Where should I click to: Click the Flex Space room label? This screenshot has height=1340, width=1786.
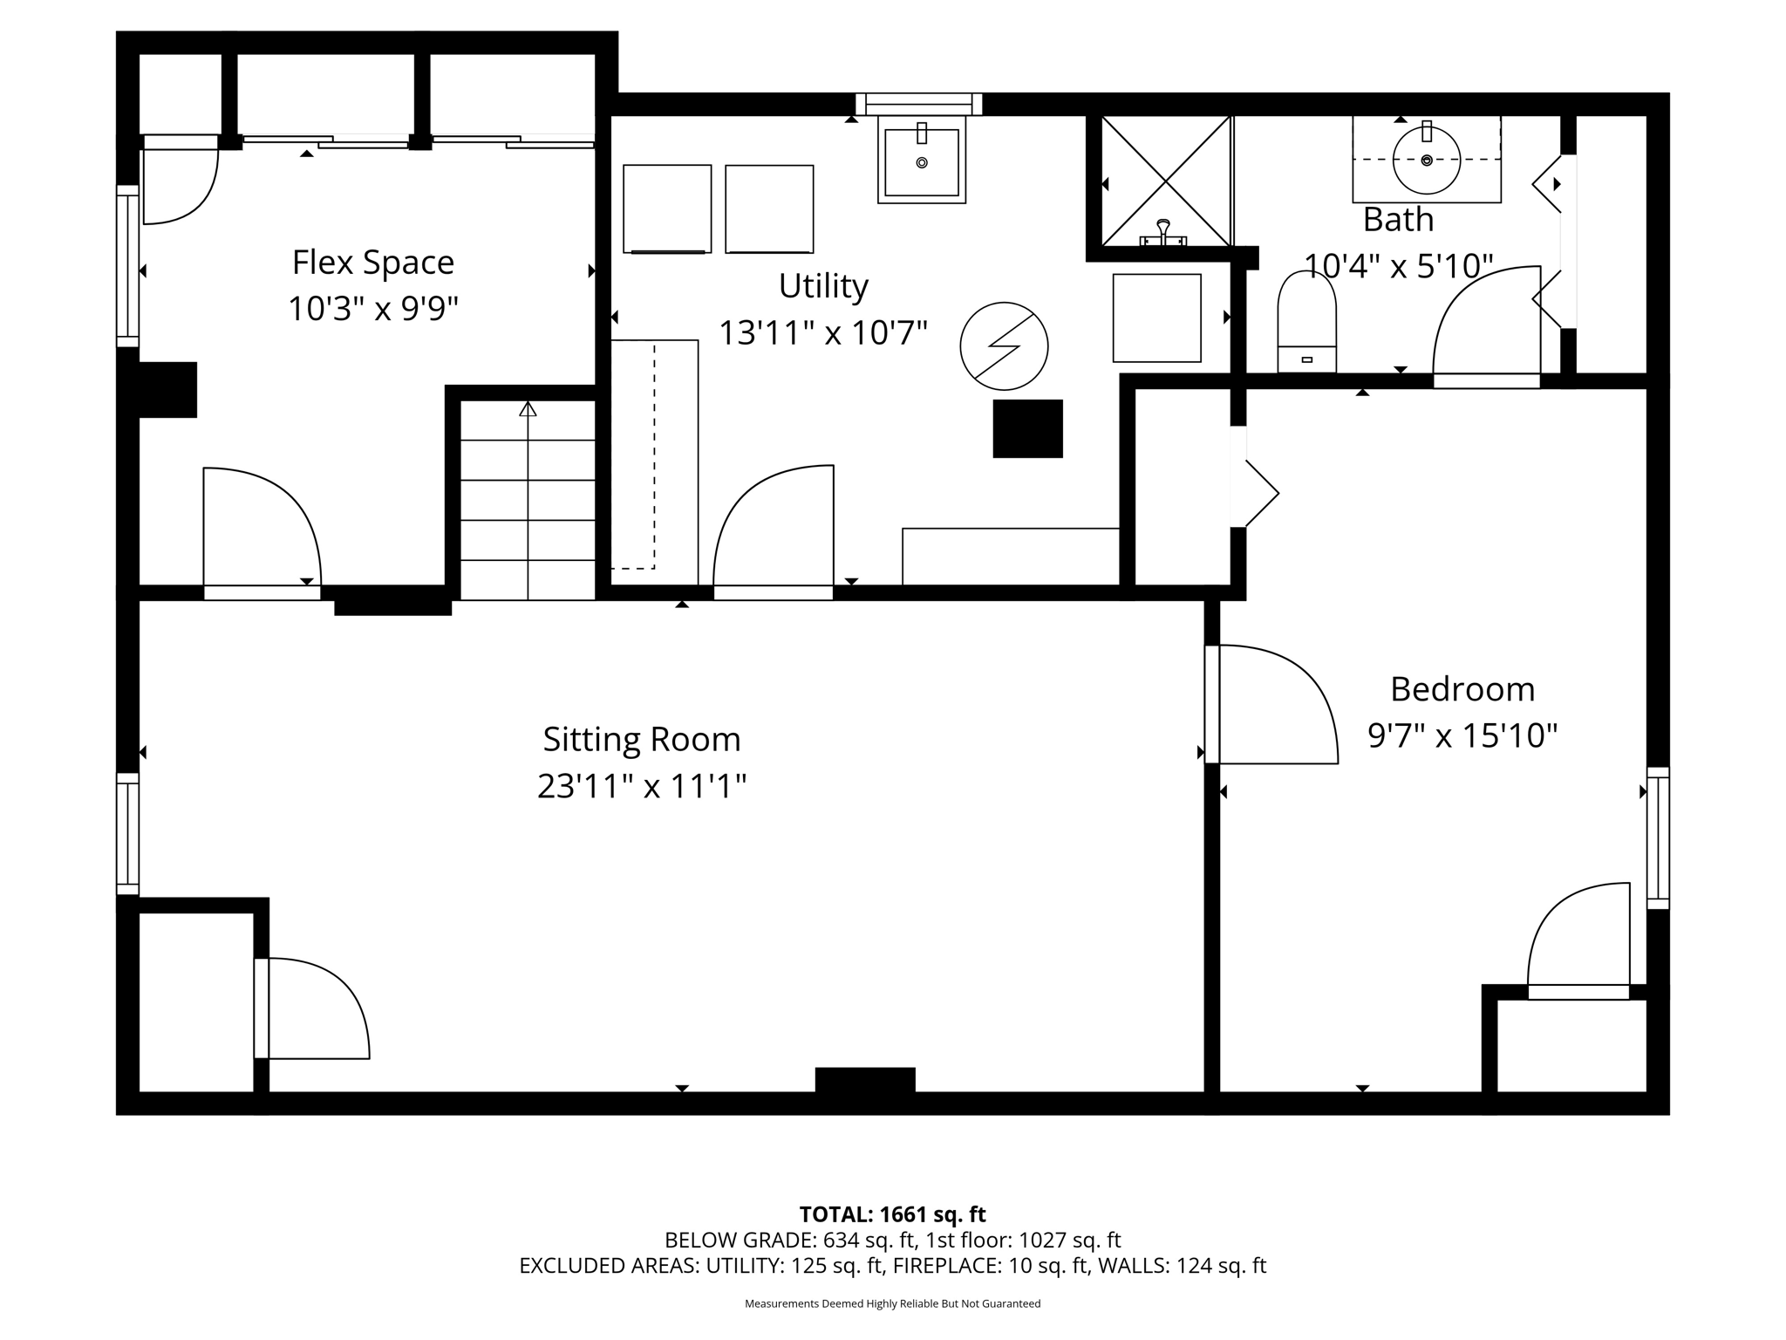pos(372,262)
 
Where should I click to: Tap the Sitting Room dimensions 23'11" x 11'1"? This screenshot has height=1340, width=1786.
pos(641,786)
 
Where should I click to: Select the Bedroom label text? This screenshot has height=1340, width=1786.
pos(1462,689)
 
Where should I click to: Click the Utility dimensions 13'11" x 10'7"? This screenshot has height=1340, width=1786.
pos(822,332)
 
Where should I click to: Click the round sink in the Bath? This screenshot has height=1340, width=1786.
pos(1426,161)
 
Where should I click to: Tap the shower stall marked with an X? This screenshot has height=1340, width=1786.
pos(1166,181)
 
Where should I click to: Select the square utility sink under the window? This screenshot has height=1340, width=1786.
pos(921,162)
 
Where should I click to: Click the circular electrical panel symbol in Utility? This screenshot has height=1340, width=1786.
pos(1004,346)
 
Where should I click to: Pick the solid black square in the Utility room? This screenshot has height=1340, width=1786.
pos(1027,428)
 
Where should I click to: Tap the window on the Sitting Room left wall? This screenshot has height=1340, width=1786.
pos(127,833)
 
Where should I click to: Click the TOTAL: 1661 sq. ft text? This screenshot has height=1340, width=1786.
pos(892,1214)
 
